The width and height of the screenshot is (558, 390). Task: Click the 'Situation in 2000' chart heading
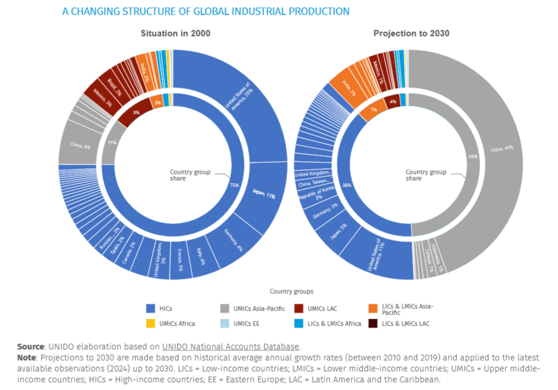pos(175,34)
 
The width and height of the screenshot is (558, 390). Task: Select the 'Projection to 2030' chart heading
pos(411,34)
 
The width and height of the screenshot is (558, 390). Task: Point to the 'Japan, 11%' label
pos(263,193)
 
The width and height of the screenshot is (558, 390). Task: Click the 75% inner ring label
pos(235,185)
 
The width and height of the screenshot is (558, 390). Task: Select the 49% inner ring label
pos(473,156)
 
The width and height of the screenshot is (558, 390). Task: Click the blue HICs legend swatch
pos(151,309)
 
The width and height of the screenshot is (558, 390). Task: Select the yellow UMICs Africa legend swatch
pos(151,324)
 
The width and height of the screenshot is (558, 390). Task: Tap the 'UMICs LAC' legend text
pos(322,309)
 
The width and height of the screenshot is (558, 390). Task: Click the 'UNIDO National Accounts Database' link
pos(231,347)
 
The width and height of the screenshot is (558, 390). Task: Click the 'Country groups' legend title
pos(291,291)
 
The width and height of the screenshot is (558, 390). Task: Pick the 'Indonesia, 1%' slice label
pos(437,261)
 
